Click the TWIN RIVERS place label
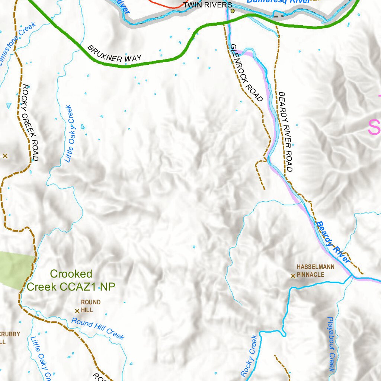click(x=208, y=5)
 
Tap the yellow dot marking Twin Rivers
click(x=233, y=11)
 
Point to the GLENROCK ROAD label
click(x=246, y=73)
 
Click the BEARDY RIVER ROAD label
click(x=286, y=132)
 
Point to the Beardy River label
click(x=333, y=242)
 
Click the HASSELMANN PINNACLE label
click(x=315, y=271)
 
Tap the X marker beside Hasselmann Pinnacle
click(x=293, y=276)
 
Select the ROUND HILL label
click(x=90, y=306)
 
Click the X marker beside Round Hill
click(x=77, y=311)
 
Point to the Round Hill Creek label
click(x=97, y=328)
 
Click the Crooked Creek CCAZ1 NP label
click(x=71, y=280)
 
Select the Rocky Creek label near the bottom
click(x=249, y=355)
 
